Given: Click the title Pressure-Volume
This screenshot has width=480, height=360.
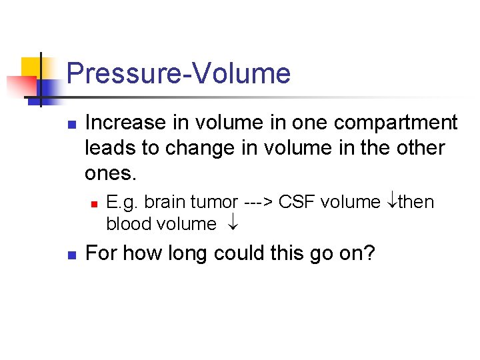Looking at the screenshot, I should click(179, 73).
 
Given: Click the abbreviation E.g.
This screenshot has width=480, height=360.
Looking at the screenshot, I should click(122, 202).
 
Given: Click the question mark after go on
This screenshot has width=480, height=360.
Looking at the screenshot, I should click(369, 253).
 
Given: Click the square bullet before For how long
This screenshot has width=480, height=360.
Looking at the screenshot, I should click(73, 255).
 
